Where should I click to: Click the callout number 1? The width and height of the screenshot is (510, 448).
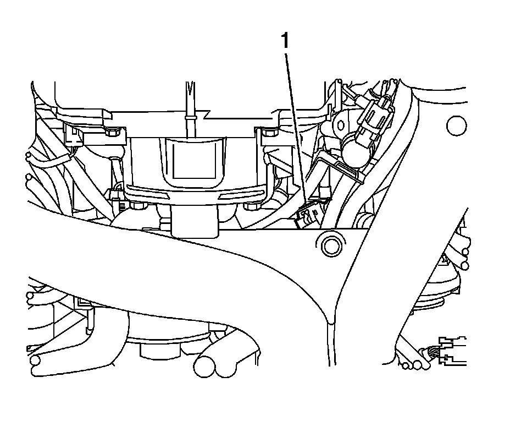pyautogui.click(x=285, y=40)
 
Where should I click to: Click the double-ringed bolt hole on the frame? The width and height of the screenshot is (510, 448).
pyautogui.click(x=331, y=246)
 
